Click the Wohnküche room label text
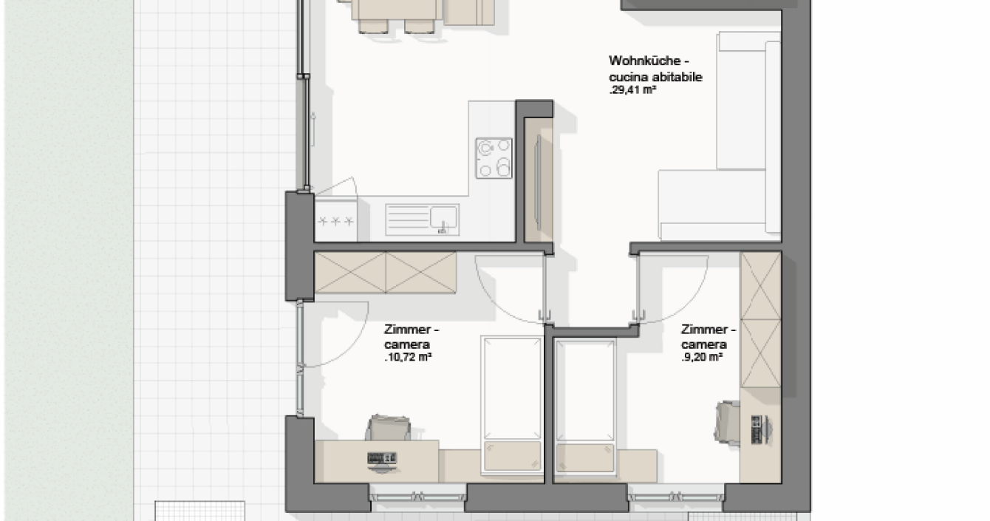click(x=649, y=61)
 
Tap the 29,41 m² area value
click(x=632, y=90)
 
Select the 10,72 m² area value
click(x=408, y=357)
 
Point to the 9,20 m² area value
click(x=703, y=357)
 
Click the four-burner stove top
click(x=494, y=158)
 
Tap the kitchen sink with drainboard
click(x=422, y=219)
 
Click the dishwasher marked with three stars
click(x=336, y=221)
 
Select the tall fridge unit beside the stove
click(x=539, y=180)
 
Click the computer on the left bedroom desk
click(x=382, y=461)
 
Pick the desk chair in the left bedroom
click(x=388, y=427)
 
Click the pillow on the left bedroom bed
click(x=513, y=456)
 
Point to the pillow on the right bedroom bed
click(x=585, y=457)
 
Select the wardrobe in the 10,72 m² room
click(x=385, y=272)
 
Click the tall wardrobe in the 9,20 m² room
click(x=761, y=320)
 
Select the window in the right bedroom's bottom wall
click(x=676, y=497)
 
